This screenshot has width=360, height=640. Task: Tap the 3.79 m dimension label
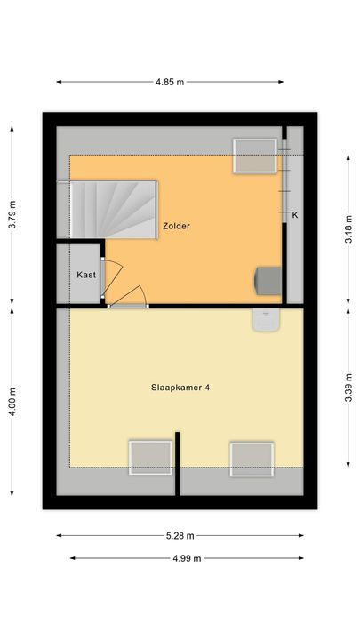[12, 214]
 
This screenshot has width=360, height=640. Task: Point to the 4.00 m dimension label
[12, 401]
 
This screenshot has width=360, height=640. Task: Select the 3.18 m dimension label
[348, 226]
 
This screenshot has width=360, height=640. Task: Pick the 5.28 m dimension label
[180, 536]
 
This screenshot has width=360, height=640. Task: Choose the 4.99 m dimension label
[186, 558]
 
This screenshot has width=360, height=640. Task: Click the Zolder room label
[176, 226]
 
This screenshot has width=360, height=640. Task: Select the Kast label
[86, 275]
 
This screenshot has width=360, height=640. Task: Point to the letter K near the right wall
[294, 215]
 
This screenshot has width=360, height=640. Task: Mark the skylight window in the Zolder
[255, 156]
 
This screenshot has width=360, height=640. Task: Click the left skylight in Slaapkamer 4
[149, 458]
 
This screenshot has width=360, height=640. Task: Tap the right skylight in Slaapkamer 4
[252, 459]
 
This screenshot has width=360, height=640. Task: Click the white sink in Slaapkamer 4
[266, 320]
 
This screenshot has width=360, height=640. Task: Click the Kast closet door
[104, 281]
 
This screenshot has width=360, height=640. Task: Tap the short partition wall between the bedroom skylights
[178, 462]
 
